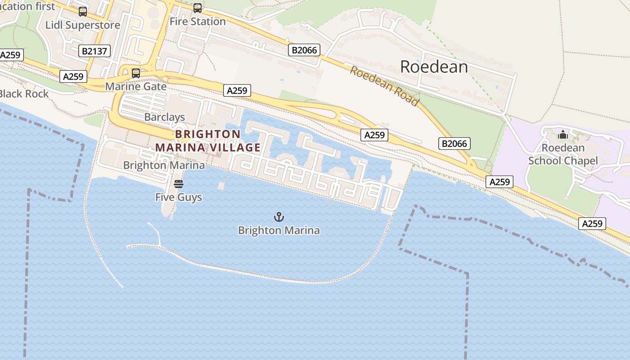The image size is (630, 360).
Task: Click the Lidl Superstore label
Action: click(x=83, y=25)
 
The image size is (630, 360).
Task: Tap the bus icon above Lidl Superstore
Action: click(x=83, y=12)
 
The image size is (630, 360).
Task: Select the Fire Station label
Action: click(x=198, y=21)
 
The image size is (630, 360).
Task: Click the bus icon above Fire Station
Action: click(x=198, y=8)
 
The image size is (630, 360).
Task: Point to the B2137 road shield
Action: click(x=94, y=51)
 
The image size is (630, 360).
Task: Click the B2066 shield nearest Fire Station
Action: click(x=304, y=50)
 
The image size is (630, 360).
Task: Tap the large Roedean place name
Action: click(x=434, y=67)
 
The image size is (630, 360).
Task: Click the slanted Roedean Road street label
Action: click(x=384, y=86)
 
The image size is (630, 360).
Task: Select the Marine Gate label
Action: click(x=136, y=86)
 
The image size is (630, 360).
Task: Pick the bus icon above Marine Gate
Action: click(x=136, y=73)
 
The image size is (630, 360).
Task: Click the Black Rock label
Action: click(x=24, y=94)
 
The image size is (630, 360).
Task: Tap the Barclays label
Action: click(x=165, y=117)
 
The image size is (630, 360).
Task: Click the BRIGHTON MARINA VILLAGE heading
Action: click(x=208, y=141)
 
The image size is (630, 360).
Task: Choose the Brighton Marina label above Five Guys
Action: click(x=164, y=165)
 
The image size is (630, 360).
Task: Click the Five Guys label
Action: click(x=179, y=197)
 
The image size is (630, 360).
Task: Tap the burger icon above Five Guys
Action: click(x=179, y=184)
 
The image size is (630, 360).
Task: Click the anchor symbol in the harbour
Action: click(x=279, y=217)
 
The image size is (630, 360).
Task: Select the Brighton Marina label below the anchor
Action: click(x=279, y=230)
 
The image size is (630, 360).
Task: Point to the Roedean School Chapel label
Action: click(x=563, y=154)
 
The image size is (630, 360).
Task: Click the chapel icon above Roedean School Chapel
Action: click(x=563, y=135)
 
